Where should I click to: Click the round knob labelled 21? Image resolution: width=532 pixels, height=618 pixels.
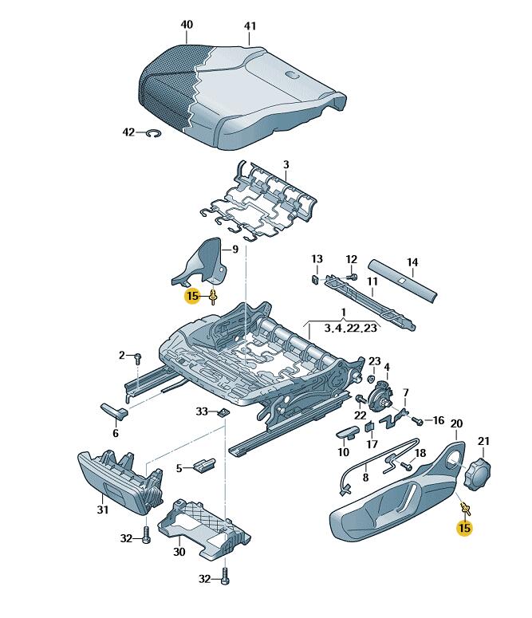(480, 469)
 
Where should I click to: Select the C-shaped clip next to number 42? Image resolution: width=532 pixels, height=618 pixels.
(152, 134)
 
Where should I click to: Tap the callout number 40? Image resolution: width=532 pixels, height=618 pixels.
(187, 25)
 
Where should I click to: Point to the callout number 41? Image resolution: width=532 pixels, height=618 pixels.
(250, 26)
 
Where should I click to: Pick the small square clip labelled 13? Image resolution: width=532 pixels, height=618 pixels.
(314, 279)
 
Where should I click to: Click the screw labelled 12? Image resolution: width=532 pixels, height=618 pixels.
(352, 275)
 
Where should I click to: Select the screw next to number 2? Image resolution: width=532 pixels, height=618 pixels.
(138, 356)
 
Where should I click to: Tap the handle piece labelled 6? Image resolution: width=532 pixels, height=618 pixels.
(113, 411)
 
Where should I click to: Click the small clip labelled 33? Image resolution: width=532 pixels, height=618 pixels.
(224, 412)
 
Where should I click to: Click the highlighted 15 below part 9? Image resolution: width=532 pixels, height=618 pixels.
(191, 297)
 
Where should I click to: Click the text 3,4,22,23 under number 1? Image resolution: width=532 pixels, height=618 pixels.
(350, 328)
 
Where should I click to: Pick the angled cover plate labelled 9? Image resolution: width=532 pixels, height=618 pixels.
(203, 264)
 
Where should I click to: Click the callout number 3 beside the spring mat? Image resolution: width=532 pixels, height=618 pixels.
(286, 165)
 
